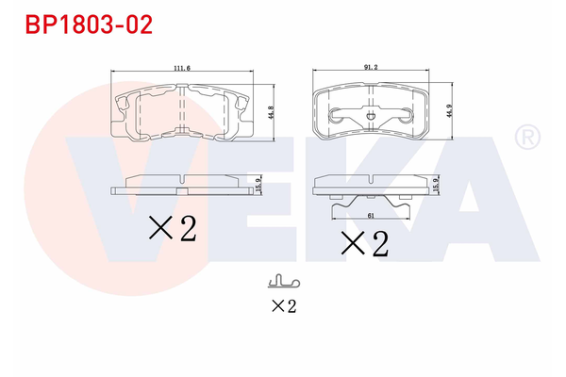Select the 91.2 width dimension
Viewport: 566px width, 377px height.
click(371, 67)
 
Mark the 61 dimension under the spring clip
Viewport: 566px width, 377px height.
click(372, 216)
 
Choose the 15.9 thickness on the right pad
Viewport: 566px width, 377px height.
click(435, 187)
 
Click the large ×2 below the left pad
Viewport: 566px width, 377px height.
click(172, 228)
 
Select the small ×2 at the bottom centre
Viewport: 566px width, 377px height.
click(283, 305)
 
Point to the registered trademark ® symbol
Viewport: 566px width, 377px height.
click(524, 139)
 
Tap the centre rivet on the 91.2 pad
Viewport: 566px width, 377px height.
click(371, 117)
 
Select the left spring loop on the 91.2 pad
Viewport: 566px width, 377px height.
click(337, 115)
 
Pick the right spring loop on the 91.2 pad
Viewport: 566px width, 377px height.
click(405, 115)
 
